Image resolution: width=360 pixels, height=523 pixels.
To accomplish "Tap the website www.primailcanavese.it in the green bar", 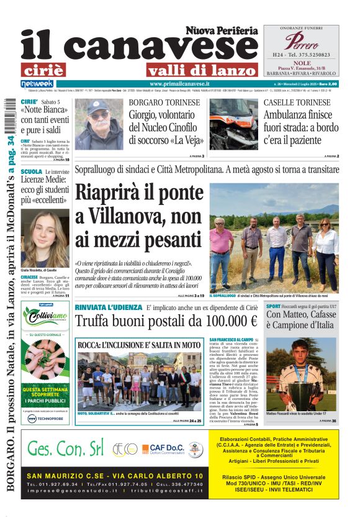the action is pos(179,84).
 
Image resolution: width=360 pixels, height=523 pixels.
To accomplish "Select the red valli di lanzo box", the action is pos(193,70).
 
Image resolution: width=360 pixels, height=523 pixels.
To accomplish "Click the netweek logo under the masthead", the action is pos(37,84).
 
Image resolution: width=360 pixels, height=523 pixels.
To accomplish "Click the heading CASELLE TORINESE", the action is pos(297,102).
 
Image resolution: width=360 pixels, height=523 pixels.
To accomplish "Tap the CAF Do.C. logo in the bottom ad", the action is pos(162,450).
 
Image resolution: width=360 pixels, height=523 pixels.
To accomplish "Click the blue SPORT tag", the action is pos(273,307).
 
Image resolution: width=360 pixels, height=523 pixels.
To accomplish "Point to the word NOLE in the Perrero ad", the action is pos(301,63).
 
